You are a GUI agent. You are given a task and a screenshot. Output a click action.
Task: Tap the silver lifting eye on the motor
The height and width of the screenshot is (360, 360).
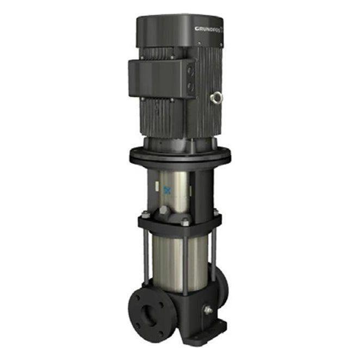click(x=215, y=98)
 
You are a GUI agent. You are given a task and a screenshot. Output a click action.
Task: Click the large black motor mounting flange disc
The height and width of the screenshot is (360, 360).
click(x=179, y=156)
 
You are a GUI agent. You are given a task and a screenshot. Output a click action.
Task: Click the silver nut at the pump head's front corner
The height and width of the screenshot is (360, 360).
click(x=185, y=222)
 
